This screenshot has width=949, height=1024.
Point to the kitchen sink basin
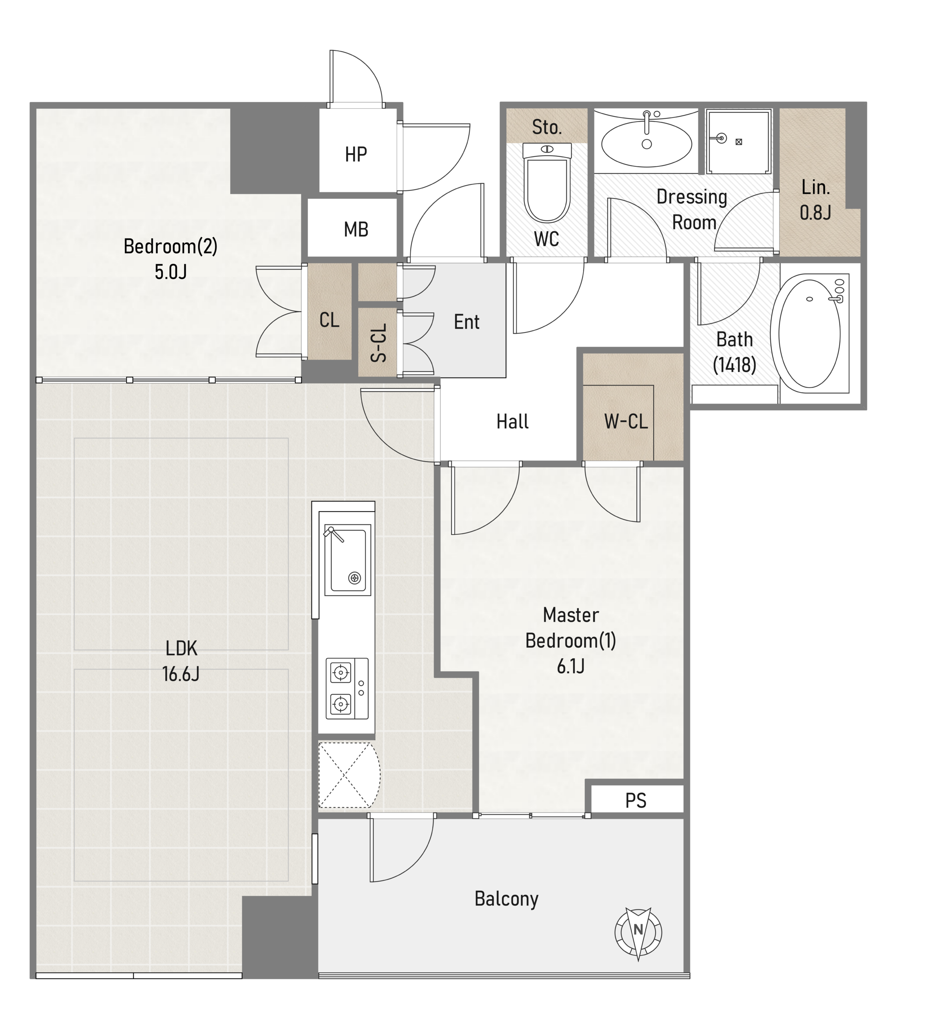[348, 560]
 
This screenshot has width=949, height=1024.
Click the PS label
[636, 801]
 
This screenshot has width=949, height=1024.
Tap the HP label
[356, 154]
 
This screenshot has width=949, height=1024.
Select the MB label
[356, 230]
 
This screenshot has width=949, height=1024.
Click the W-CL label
[626, 422]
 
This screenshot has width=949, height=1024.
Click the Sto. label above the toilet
[546, 127]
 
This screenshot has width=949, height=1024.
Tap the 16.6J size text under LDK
[181, 674]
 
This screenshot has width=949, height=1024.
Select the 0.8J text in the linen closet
[815, 212]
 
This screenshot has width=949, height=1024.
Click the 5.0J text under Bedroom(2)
[171, 272]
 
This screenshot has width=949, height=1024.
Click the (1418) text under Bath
[734, 365]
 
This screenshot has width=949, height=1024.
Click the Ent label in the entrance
[466, 322]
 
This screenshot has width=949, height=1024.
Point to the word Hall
[512, 422]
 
